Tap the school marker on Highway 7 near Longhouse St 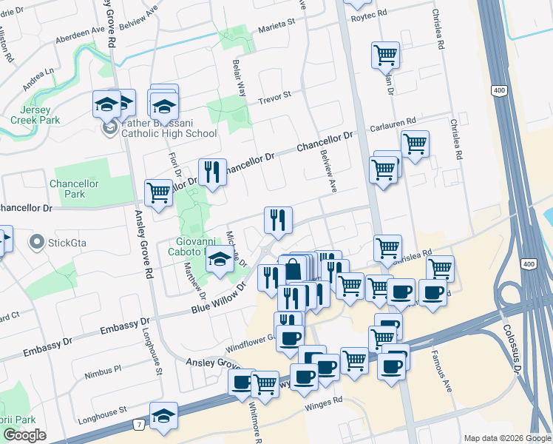point(163,416)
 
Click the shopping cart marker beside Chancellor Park point(159,192)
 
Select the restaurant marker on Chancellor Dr point(212,173)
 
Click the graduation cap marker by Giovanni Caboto point(218,261)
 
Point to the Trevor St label point(274,95)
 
